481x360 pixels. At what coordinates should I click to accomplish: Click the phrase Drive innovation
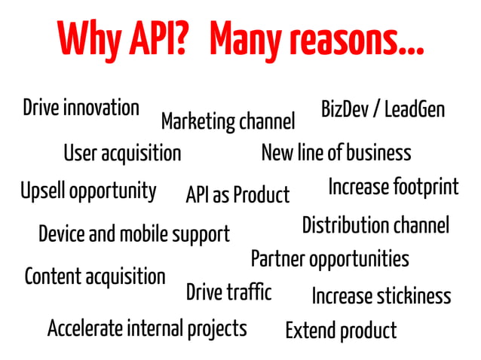click(x=81, y=108)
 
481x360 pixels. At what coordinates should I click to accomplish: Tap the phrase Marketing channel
click(x=228, y=121)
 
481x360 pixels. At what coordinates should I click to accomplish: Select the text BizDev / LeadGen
click(x=383, y=110)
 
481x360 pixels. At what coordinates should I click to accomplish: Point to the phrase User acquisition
click(x=122, y=154)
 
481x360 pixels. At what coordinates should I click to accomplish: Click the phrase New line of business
click(x=335, y=153)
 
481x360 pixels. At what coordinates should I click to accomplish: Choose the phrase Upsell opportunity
click(x=88, y=190)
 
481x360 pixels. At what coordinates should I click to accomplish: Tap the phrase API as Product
click(x=237, y=195)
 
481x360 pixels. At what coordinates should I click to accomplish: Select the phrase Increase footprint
click(x=393, y=187)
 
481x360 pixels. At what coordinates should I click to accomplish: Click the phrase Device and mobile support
click(x=133, y=233)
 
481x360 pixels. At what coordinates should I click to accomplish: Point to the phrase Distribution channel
click(x=375, y=224)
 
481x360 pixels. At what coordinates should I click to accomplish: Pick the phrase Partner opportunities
click(x=329, y=260)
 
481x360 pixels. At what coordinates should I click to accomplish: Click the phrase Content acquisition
click(x=95, y=276)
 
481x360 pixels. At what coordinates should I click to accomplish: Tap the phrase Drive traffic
click(x=228, y=291)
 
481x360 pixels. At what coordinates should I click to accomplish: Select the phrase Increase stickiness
click(x=381, y=296)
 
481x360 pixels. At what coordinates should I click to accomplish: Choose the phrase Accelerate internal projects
click(x=147, y=328)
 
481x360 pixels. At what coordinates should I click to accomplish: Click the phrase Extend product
click(x=341, y=330)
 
